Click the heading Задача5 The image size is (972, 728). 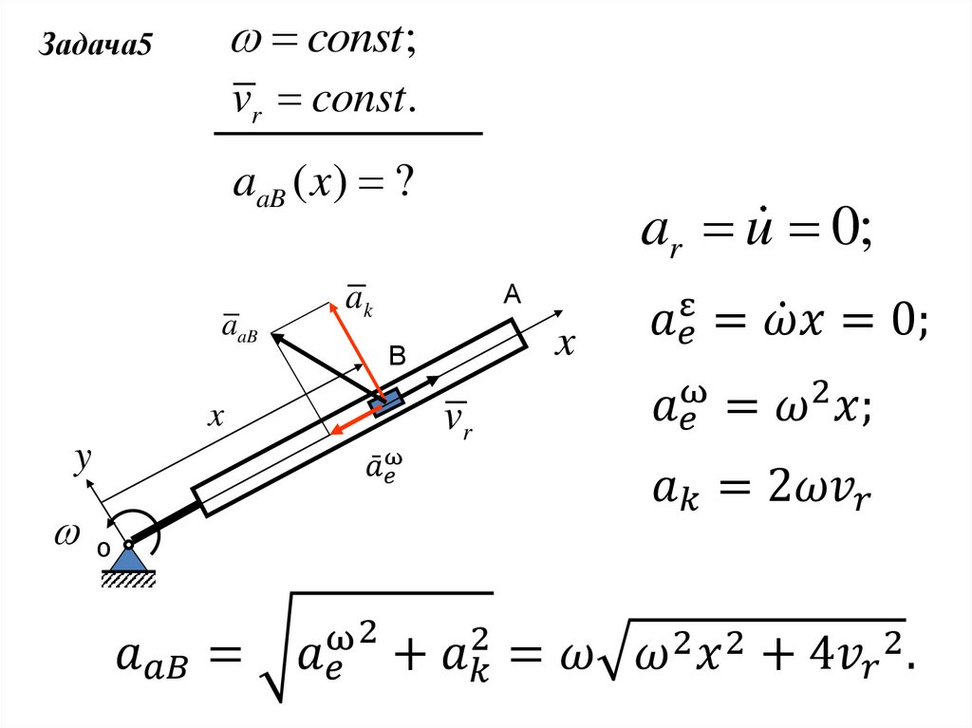[95, 45]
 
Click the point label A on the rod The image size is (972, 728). [512, 294]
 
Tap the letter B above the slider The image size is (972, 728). [397, 355]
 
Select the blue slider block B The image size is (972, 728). [386, 402]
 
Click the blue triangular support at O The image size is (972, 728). [129, 559]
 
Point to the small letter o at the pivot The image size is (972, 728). [103, 549]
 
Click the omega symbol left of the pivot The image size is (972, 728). [67, 534]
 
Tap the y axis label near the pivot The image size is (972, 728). [83, 460]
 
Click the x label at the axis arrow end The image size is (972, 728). [565, 345]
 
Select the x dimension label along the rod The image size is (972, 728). [215, 417]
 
